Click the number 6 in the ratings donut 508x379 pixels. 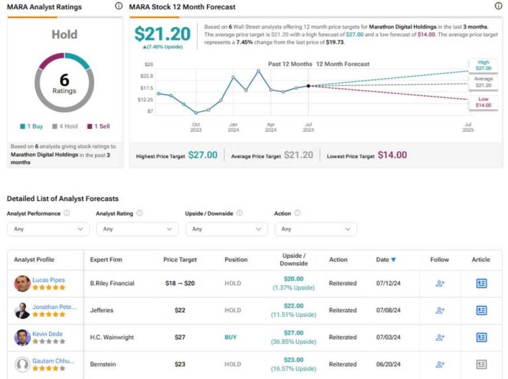(64, 80)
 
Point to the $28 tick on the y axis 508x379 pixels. (149, 64)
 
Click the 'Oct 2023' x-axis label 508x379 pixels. (196, 128)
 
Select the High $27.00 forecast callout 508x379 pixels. (483, 65)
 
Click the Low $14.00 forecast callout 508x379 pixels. (483, 102)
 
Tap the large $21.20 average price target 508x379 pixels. (162, 34)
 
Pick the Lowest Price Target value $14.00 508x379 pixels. (392, 155)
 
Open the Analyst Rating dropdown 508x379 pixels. (137, 229)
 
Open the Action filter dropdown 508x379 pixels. (315, 229)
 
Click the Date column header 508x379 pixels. (386, 260)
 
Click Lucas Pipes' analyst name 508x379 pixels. (48, 280)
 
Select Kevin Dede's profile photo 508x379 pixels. (22, 337)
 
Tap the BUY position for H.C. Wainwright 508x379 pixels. (230, 337)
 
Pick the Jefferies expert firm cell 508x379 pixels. (103, 310)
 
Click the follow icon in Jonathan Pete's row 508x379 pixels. (440, 310)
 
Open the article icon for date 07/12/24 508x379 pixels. (481, 283)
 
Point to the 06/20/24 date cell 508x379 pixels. (388, 364)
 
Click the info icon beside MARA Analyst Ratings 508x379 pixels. (118, 6)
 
